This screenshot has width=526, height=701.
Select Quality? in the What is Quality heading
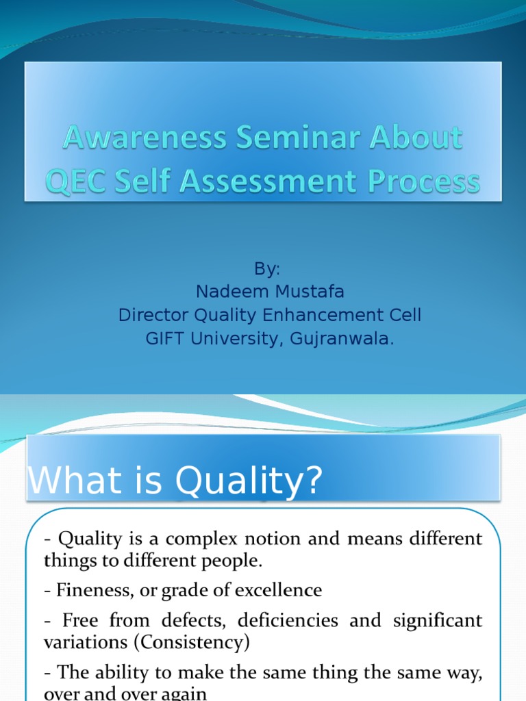pos(249,482)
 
